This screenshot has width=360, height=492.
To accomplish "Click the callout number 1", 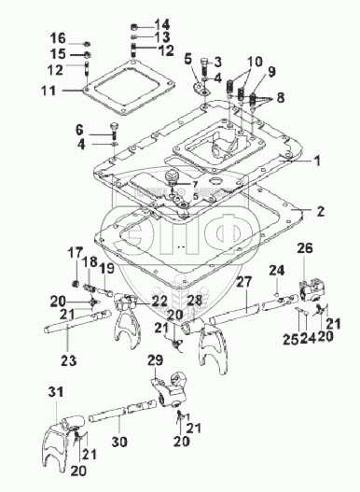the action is coord(317,161).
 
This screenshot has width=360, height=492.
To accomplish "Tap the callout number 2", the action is coord(320,211).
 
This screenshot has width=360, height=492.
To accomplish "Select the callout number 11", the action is coord(48,91).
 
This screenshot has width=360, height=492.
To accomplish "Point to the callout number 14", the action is coord(162,24).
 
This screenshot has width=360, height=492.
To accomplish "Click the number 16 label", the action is coord(58,38).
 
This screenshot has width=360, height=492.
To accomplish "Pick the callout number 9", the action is coord(271,72).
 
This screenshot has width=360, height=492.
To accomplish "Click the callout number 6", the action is coord(79,129).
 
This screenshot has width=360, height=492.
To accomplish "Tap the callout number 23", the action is coord(69,360).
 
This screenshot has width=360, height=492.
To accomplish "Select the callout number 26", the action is coord(305,248).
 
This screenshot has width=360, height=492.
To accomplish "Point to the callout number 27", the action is coord(244,281).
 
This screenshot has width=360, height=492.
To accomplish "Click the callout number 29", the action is coord(156,360).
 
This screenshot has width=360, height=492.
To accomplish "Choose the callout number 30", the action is coord(119,442).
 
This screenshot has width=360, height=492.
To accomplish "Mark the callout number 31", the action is coord(56,392).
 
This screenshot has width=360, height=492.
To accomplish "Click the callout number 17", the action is coord(76,253).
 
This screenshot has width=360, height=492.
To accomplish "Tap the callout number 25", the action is coord(291,339).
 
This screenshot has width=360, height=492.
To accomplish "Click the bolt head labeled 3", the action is coord(204,61).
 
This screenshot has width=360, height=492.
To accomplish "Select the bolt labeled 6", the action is coord(114,132).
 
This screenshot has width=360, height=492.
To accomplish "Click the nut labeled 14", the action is coord(134,26).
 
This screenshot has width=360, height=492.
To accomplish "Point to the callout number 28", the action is coord(195,300).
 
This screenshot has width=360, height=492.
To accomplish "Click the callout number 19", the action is coord(106,269).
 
